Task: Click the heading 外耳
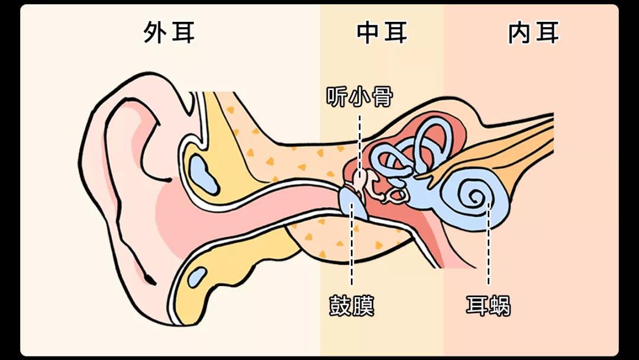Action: pos(169,33)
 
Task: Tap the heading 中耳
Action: pos(382,33)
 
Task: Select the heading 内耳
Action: pos(534,33)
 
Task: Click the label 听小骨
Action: pos(360,97)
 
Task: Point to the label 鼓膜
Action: pos(351,306)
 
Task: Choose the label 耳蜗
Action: pos(488,306)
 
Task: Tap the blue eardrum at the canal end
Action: pos(353,204)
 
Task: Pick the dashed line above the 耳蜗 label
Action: pos(489,249)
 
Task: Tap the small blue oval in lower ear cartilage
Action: pos(197,276)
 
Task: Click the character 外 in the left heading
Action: pos(155,33)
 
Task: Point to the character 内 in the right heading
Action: pos(519,33)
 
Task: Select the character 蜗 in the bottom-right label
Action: pos(500,306)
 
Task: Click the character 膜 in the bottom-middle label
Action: pos(363,306)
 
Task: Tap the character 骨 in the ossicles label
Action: pos(382,97)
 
